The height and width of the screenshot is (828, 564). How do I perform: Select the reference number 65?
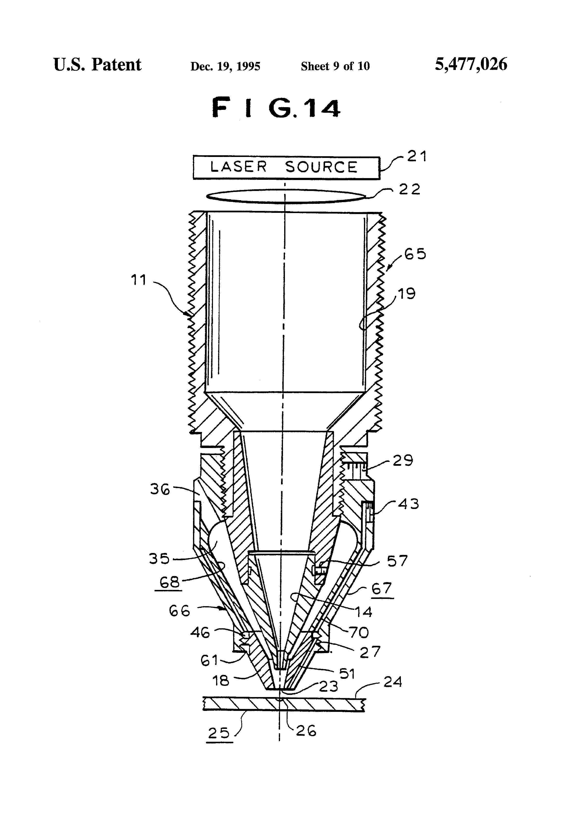415,254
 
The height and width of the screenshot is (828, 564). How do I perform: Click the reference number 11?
139,280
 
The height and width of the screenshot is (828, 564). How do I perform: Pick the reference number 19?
406,294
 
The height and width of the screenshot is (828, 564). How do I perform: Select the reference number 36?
160,489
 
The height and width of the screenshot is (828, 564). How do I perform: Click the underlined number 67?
382,589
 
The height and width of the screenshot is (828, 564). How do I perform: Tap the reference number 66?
179,611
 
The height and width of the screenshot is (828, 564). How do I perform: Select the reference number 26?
306,731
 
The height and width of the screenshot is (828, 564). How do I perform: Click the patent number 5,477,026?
471,64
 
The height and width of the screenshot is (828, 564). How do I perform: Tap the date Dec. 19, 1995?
225,66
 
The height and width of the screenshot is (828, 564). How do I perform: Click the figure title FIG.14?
277,108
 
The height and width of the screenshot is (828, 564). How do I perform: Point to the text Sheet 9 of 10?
335,66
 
